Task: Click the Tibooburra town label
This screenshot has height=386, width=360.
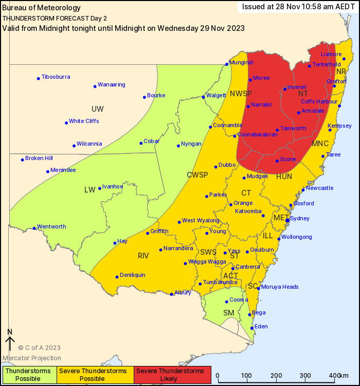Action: click(56, 77)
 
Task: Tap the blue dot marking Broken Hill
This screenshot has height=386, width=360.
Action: click(23, 160)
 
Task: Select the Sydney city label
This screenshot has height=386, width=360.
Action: click(300, 218)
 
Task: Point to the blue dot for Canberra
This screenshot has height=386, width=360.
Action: click(233, 268)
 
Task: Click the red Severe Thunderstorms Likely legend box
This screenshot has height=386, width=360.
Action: click(173, 375)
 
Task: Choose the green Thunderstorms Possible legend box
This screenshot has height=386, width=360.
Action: click(28, 375)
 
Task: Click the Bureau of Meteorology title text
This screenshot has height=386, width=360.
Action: click(42, 8)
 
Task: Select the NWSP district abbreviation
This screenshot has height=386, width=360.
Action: click(241, 94)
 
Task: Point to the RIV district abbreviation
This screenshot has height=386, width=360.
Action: click(143, 256)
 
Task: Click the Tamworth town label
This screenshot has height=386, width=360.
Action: click(293, 129)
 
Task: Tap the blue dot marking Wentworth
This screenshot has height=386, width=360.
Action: click(34, 228)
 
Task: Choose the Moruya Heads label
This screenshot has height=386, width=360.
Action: click(280, 287)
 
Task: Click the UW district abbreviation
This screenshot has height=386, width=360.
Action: click(97, 109)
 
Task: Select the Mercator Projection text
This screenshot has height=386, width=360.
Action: click(32, 358)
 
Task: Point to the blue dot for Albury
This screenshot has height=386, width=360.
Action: click(172, 294)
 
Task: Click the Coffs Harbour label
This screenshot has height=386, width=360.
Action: click(319, 102)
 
